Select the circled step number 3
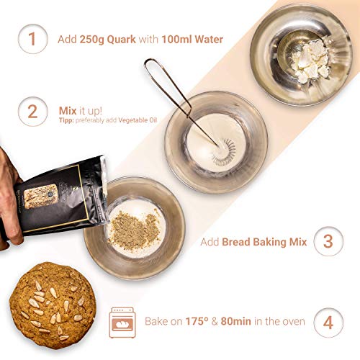click(x=328, y=242)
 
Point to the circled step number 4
click(x=328, y=320)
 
